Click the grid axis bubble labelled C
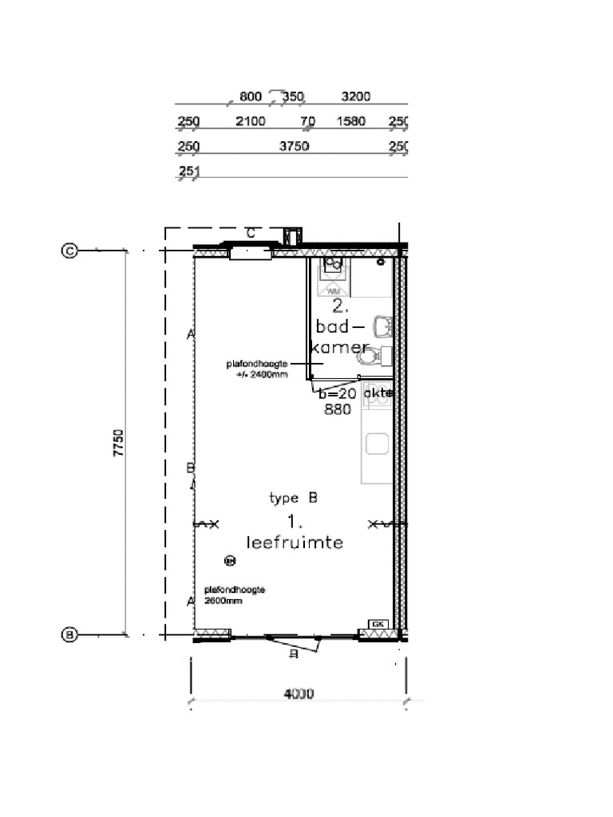(69, 251)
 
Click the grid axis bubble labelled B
(69, 635)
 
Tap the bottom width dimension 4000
(299, 694)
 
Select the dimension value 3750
(294, 146)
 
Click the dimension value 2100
(251, 121)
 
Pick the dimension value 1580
(351, 121)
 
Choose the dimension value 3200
(355, 97)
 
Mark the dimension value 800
(251, 97)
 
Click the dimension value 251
(189, 171)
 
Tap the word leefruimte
(295, 543)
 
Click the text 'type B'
(294, 499)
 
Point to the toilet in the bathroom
(378, 356)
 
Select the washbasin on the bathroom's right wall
(384, 326)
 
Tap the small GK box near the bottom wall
(378, 623)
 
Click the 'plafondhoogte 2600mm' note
(233, 595)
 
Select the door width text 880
(338, 410)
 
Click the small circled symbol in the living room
(230, 561)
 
